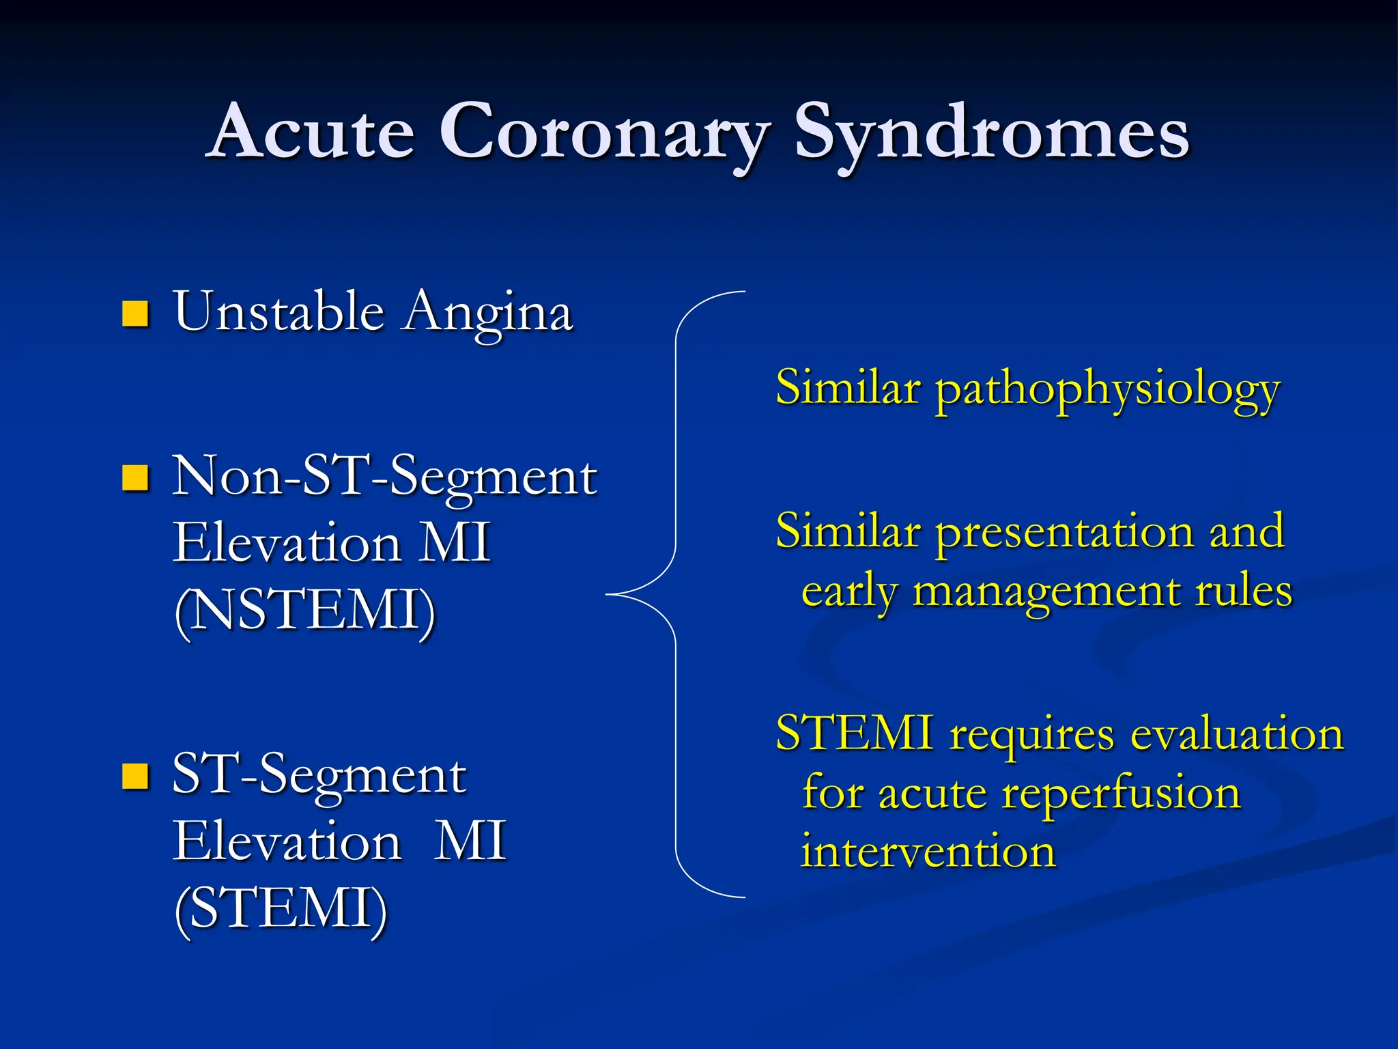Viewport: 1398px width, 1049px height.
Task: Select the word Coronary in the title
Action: pos(605,133)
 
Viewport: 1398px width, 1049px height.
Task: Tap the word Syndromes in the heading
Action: pos(991,133)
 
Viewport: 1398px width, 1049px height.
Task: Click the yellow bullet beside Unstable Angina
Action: pos(135,314)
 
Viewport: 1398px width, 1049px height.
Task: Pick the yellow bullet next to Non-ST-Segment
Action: pos(135,478)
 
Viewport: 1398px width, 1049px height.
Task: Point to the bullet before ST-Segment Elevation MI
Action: pos(135,777)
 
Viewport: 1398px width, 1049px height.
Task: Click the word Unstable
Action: pos(279,311)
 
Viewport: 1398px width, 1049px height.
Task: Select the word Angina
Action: pos(487,314)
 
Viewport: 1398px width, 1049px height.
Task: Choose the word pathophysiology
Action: pos(1107,391)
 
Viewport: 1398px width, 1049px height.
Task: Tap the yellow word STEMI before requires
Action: pos(854,733)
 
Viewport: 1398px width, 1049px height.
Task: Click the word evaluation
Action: pos(1236,735)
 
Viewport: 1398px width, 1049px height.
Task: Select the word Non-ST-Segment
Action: pos(384,477)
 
